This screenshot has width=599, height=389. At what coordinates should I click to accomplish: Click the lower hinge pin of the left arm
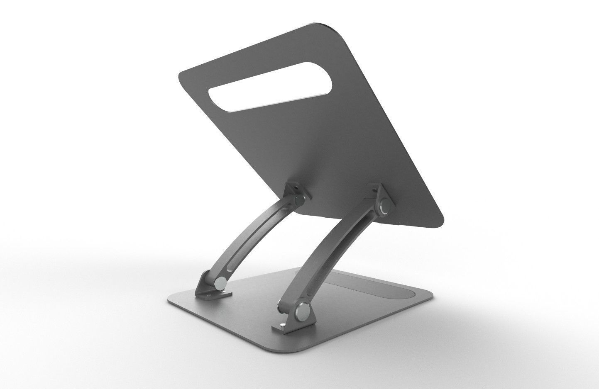point(221,283)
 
